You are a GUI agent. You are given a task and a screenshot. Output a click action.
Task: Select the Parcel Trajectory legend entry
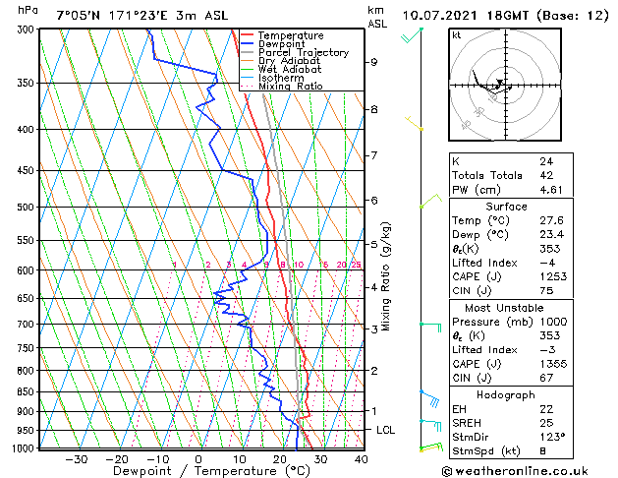[303, 53]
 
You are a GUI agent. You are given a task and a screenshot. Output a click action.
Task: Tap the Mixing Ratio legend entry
[290, 87]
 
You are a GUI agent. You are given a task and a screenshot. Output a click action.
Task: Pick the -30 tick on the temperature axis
[76, 458]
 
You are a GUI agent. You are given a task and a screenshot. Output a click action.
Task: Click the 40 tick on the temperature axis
[361, 458]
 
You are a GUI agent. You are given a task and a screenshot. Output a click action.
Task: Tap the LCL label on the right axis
[386, 431]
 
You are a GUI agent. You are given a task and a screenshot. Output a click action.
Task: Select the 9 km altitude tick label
[374, 62]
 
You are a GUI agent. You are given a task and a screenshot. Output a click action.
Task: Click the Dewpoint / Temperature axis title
[197, 471]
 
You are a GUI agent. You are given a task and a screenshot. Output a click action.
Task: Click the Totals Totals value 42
[545, 175]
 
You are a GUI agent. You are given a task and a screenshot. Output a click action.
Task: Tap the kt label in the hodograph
[456, 34]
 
